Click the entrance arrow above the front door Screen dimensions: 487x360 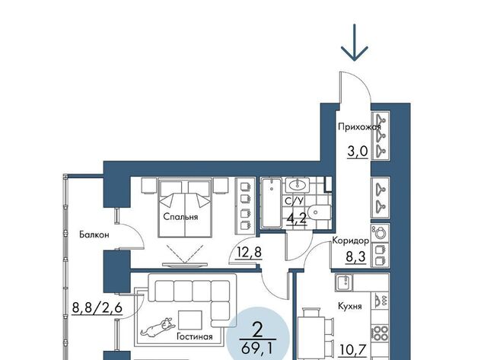354,43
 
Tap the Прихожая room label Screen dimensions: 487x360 359,127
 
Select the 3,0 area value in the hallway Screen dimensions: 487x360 358,151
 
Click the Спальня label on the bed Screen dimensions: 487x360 180,216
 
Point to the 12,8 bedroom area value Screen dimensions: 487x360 249,252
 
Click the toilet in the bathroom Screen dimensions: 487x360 320,212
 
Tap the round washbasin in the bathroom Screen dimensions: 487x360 298,186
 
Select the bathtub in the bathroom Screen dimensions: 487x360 271,202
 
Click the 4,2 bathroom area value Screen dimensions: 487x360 297,218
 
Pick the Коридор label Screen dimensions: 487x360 351,241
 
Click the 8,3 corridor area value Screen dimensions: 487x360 355,257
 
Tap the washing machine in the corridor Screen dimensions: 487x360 380,231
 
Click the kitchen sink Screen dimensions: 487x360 344,282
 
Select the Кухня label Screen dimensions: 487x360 350,306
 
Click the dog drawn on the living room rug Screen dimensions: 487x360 158,327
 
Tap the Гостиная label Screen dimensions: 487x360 195,336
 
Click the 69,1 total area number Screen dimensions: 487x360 257,348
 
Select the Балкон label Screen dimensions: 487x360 94,234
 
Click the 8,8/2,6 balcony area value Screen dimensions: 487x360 97,308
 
